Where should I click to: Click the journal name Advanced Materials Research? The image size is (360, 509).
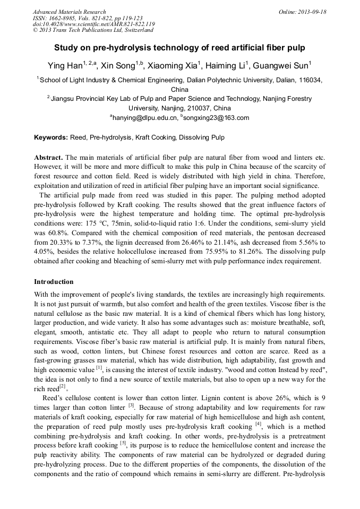[69, 12]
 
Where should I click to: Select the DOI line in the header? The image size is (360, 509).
[93, 24]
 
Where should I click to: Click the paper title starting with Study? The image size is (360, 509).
[179, 48]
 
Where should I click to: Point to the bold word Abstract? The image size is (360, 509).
[48, 158]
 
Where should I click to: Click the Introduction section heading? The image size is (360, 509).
[54, 282]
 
